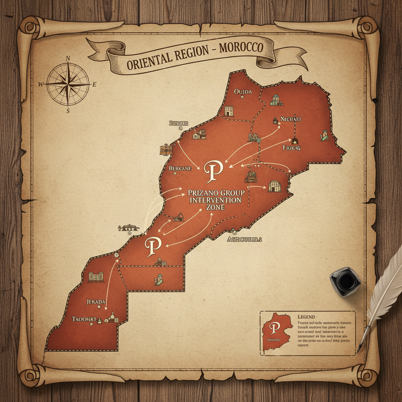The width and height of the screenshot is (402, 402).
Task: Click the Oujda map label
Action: [x=242, y=91]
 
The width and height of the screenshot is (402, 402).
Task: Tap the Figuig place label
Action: [x=291, y=148]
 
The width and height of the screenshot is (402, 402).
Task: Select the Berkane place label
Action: [x=180, y=168]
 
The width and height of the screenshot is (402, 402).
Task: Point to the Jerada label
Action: [x=96, y=301]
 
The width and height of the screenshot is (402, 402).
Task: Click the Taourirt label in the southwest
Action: [x=84, y=319]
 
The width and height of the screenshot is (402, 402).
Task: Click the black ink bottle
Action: [x=345, y=281]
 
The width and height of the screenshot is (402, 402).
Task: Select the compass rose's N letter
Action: [x=68, y=58]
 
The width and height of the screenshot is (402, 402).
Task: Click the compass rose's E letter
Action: [x=94, y=84]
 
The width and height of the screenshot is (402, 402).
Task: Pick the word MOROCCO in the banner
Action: [x=241, y=49]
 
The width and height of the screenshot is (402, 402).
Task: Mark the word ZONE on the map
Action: [x=214, y=207]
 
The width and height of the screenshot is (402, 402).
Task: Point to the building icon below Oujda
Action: [x=229, y=111]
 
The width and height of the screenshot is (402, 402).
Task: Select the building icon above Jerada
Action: [x=96, y=277]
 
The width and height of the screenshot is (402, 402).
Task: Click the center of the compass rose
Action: [x=68, y=84]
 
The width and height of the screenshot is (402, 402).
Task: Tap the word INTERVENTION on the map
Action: [x=215, y=200]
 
